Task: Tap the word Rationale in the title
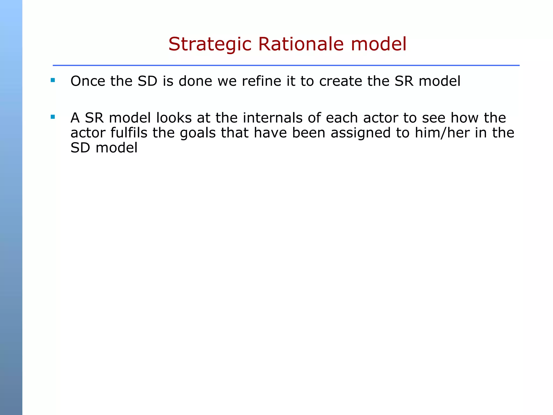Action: (301, 44)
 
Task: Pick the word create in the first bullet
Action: (340, 81)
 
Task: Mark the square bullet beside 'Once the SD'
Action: (53, 80)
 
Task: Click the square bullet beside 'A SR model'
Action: (53, 117)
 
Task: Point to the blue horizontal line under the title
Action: (286, 65)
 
